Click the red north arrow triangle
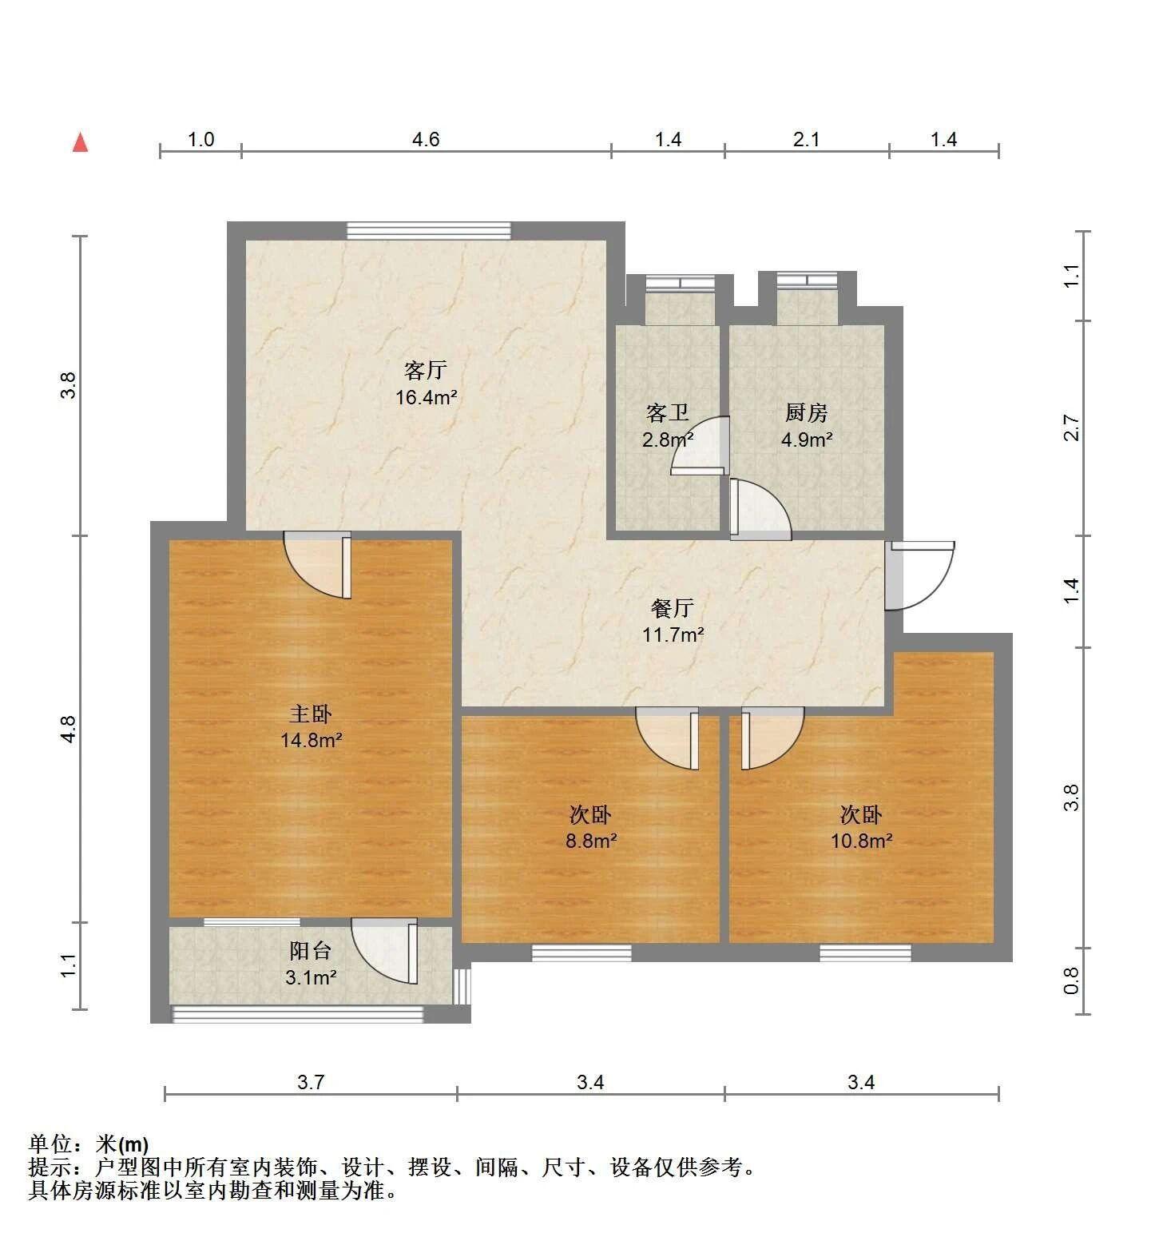tap(80, 142)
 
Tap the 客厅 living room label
tap(425, 371)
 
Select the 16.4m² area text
tap(427, 397)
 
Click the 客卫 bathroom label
tap(667, 413)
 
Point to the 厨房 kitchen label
tap(806, 413)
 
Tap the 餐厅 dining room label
tap(673, 609)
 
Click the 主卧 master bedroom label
tap(310, 714)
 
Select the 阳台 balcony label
tap(310, 951)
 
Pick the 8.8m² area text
tap(591, 841)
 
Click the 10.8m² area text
tap(861, 841)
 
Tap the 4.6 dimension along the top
tap(426, 140)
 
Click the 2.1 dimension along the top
tap(806, 140)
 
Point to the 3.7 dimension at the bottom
tap(311, 1082)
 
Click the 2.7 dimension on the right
tap(1072, 428)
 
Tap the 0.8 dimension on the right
tap(1072, 980)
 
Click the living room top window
tap(429, 230)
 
